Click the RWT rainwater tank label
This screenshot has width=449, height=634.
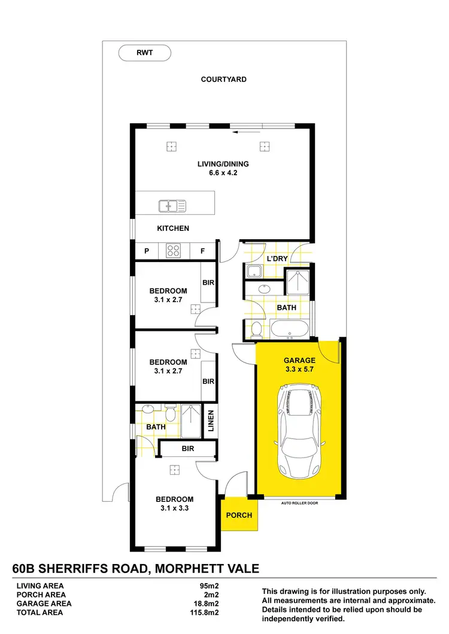point(145,53)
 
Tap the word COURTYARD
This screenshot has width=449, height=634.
point(223,79)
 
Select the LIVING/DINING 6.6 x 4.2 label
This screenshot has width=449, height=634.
point(223,168)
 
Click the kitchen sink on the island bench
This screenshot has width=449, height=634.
point(172,206)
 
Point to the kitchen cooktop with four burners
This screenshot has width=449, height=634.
point(174,251)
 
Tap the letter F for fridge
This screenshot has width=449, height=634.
point(203,251)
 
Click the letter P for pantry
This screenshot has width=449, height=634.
point(145,251)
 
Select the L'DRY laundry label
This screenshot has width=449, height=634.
point(277,258)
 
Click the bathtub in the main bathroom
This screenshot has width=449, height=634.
point(289,329)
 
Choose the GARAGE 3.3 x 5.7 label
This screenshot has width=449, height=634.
point(299,365)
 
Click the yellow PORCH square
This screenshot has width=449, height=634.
point(239,514)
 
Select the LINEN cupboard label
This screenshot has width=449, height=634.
point(211,421)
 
